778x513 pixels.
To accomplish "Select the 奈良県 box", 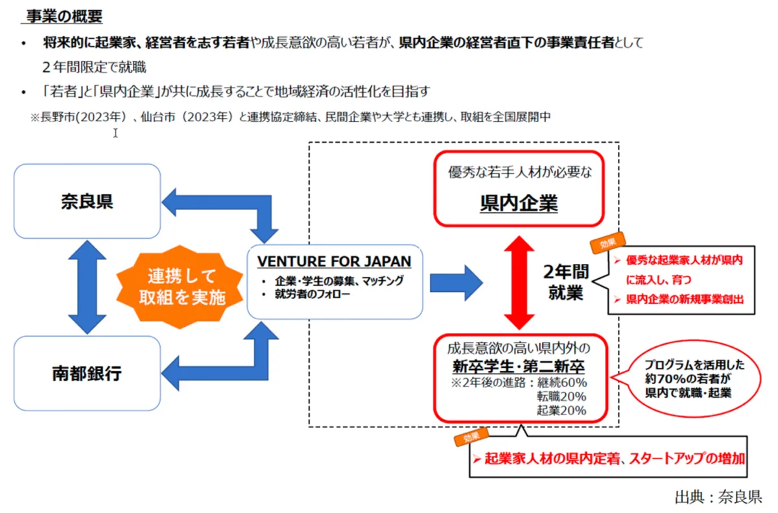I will click(87, 201).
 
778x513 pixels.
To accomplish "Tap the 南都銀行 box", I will click(87, 373).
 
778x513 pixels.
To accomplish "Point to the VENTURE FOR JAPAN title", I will click(334, 261).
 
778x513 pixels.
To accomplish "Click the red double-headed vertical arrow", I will click(519, 283).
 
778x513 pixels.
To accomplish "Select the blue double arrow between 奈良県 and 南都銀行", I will click(87, 287).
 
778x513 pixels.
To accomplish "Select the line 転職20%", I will click(561, 396).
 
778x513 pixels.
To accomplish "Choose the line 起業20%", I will click(561, 410).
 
